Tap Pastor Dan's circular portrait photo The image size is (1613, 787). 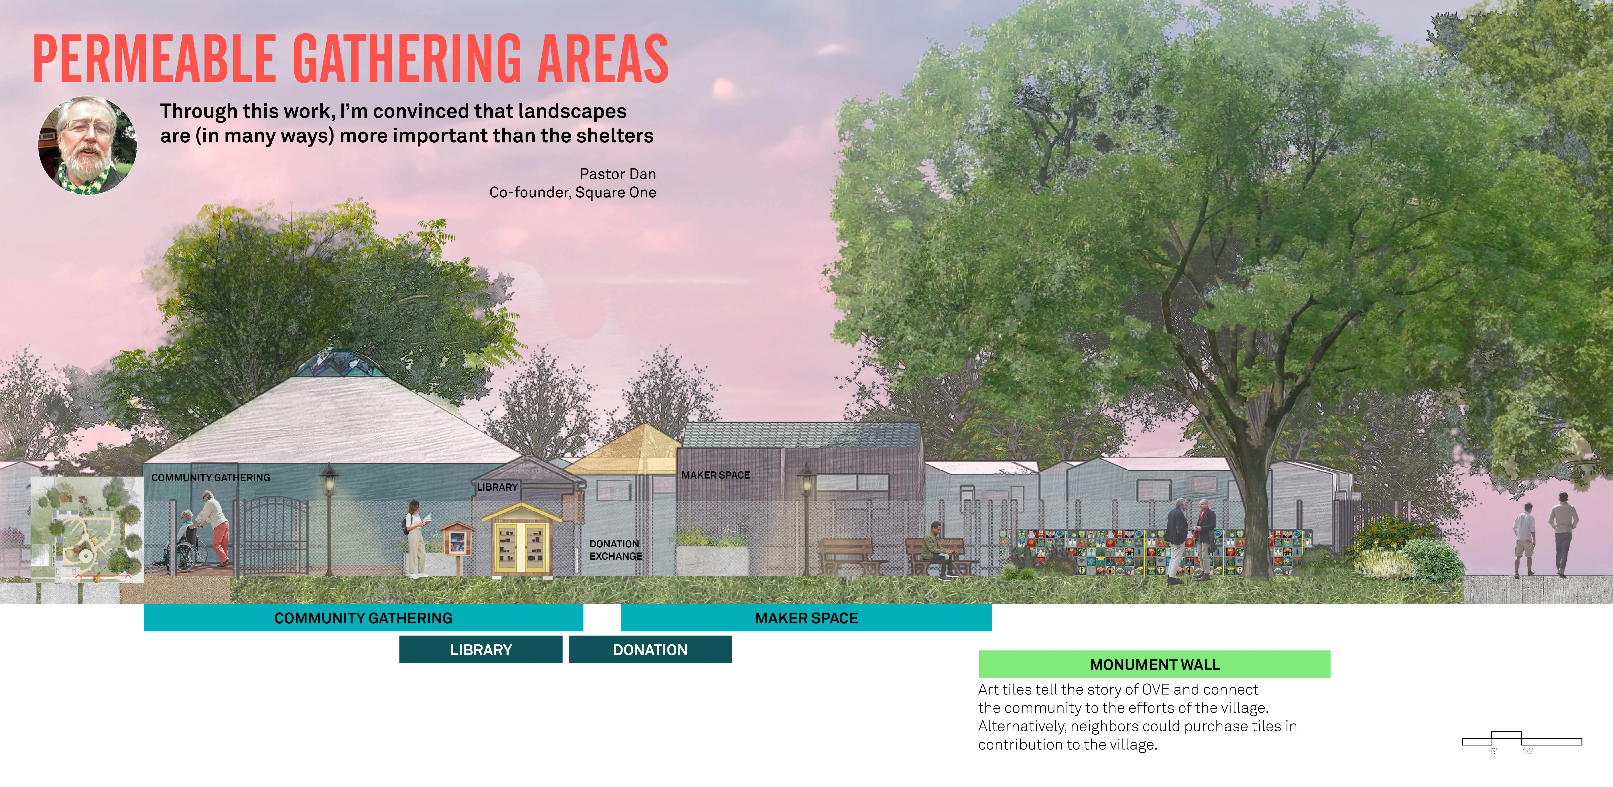88,145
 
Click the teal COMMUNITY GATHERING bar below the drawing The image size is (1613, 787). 363,617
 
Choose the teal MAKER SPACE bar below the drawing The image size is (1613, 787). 806,617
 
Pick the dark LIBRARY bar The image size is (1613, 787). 481,649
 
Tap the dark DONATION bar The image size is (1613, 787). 650,649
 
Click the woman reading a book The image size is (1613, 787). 416,538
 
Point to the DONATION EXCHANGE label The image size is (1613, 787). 615,550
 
